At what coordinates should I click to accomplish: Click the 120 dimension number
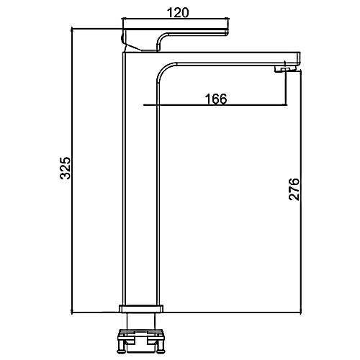(178, 12)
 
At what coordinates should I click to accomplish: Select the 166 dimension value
(216, 99)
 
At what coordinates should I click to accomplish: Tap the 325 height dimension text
(65, 168)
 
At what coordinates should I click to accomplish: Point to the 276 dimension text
(294, 189)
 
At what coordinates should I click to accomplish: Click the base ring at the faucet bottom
(141, 309)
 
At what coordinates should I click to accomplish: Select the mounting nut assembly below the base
(141, 341)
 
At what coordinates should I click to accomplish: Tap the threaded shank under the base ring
(141, 321)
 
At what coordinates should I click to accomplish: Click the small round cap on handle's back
(122, 38)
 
